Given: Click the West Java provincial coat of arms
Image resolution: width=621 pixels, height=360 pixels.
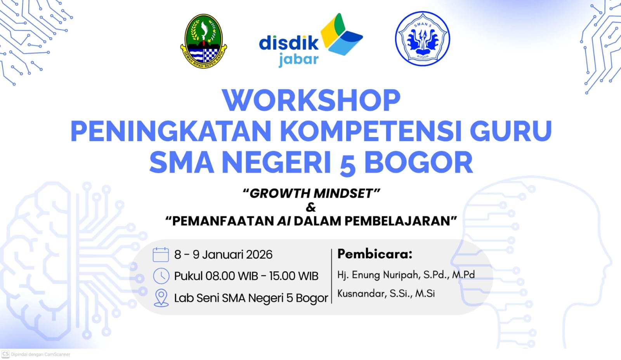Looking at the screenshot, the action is [203, 41].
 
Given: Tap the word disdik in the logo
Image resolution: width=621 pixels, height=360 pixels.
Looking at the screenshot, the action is [289, 43].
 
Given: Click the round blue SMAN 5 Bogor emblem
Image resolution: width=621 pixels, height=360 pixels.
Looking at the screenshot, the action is [423, 38].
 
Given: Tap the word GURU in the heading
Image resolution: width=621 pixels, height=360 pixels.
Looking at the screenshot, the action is [511, 131].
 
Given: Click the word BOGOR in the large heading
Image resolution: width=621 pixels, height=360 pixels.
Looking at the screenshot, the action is [418, 162].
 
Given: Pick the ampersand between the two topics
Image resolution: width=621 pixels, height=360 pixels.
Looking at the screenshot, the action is [311, 207].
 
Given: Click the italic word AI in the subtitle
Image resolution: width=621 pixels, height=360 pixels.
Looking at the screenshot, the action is [284, 221].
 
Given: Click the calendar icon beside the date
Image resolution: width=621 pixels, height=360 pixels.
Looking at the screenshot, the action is [161, 255].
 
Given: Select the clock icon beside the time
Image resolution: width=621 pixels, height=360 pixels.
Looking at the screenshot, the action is [161, 276].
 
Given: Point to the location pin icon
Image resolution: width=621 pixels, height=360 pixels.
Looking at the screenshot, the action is [161, 298].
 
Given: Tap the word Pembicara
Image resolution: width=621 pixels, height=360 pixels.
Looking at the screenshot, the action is [375, 254].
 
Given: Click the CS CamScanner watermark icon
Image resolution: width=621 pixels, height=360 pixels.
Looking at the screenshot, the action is [5, 354].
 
